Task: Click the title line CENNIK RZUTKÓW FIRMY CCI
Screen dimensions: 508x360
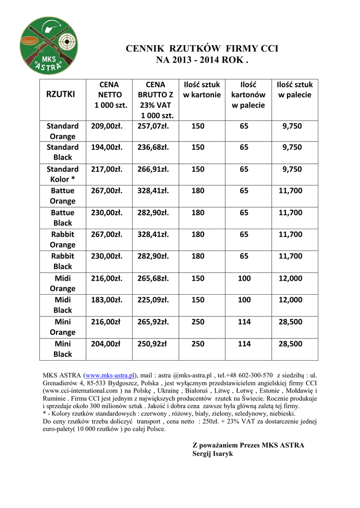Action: [202, 49]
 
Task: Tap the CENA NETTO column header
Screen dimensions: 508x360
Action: [109, 95]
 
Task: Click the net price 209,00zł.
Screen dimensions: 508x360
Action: [107, 127]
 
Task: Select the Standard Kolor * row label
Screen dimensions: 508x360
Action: [63, 174]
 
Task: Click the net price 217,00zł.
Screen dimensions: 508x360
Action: [107, 169]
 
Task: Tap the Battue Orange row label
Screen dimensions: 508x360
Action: [63, 196]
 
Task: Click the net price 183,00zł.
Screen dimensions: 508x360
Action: [107, 300]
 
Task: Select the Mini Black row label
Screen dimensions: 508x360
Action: [63, 349]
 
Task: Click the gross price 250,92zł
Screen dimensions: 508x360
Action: [152, 344]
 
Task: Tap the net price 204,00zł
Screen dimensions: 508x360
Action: [106, 344]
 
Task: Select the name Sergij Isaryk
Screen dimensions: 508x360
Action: [213, 453]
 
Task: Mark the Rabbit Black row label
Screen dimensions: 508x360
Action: [63, 261]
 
